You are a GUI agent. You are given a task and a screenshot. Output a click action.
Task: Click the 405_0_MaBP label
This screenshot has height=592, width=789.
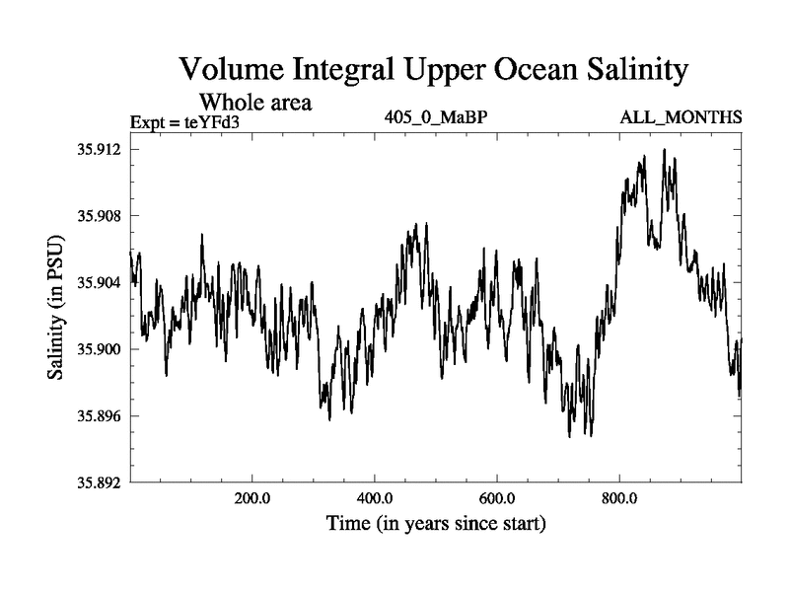pyautogui.click(x=437, y=118)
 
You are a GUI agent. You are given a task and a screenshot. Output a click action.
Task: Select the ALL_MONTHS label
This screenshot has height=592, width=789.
pyautogui.click(x=681, y=118)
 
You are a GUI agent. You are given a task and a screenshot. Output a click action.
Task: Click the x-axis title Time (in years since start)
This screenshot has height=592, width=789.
pyautogui.click(x=436, y=523)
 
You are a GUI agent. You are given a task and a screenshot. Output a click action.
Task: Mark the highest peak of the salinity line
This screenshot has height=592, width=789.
pyautogui.click(x=664, y=150)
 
